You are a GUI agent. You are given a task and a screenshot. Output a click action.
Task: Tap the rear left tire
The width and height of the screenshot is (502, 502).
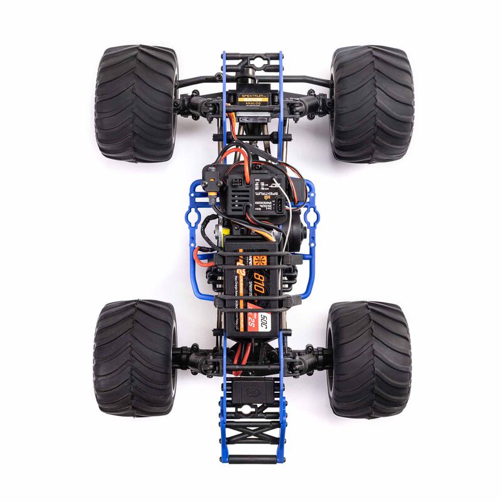135,358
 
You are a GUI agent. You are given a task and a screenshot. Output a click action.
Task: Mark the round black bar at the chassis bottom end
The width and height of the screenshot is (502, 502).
252,459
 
